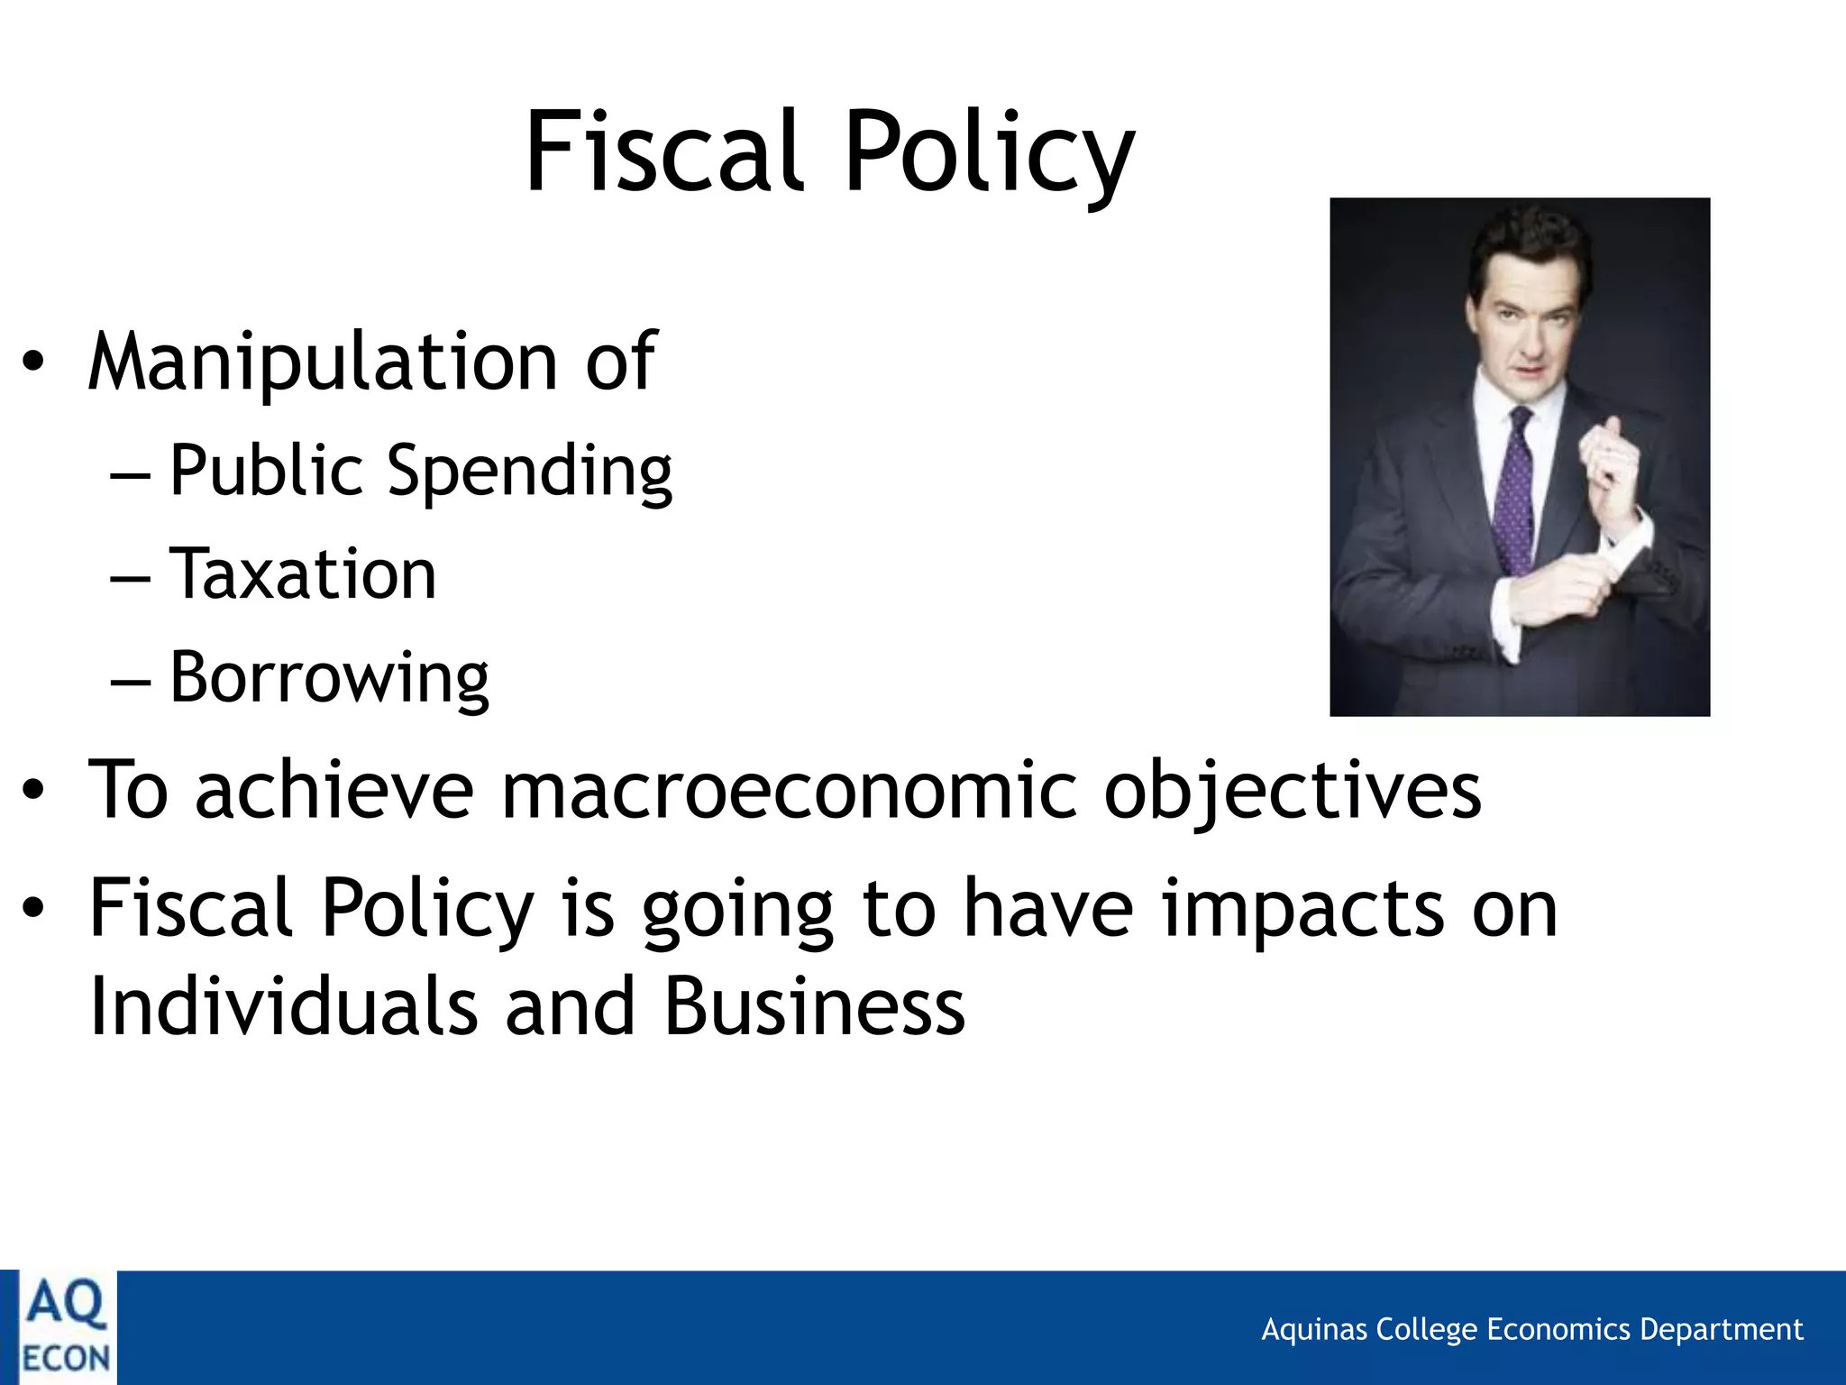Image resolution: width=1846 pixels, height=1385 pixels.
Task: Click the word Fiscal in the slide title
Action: coord(663,151)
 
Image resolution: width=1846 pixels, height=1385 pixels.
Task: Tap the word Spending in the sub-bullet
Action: coord(529,471)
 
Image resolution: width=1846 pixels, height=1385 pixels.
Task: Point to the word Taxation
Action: coord(303,573)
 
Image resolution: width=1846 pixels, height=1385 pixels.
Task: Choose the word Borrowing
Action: coord(329,678)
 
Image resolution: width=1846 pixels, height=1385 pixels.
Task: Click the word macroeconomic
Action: coord(789,790)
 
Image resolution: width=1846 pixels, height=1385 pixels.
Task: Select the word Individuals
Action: coord(283,1006)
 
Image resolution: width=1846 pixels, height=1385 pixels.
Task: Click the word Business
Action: coord(815,1006)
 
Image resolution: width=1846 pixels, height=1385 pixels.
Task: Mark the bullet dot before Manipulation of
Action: coord(33,364)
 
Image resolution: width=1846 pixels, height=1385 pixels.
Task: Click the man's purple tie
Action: coord(1515,487)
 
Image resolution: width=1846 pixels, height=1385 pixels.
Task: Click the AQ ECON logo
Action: coord(66,1327)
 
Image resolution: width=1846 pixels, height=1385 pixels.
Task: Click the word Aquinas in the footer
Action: coord(1314,1330)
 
